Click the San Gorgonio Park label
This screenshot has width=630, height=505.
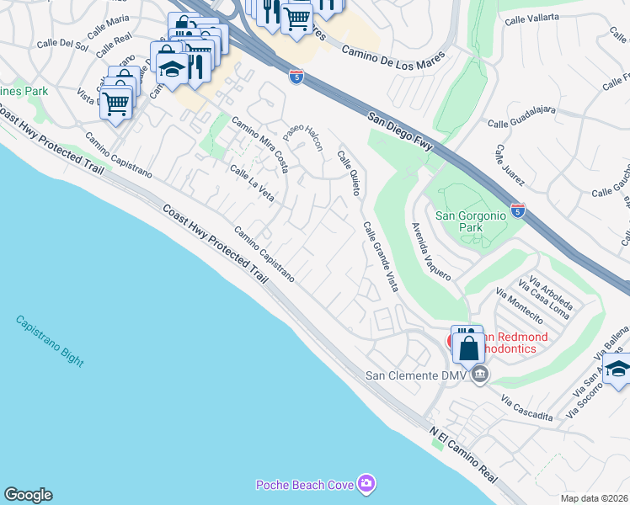pyautogui.click(x=470, y=221)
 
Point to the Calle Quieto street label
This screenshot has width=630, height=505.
pyautogui.click(x=349, y=173)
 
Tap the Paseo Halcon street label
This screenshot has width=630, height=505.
pyautogui.click(x=302, y=135)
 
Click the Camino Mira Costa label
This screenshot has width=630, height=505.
pyautogui.click(x=261, y=144)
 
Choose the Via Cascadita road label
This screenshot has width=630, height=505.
pyautogui.click(x=526, y=408)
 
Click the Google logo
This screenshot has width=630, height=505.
pyautogui.click(x=28, y=495)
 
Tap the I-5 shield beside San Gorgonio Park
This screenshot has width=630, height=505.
pyautogui.click(x=518, y=210)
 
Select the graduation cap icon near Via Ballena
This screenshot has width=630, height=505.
pyautogui.click(x=617, y=369)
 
